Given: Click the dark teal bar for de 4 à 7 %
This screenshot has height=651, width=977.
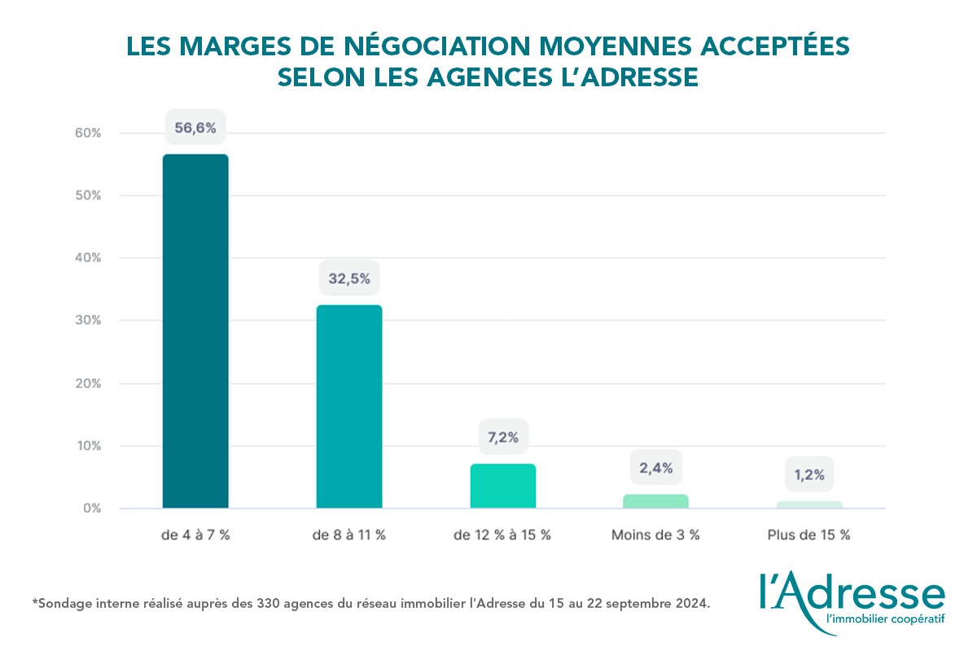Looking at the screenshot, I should click(195, 331).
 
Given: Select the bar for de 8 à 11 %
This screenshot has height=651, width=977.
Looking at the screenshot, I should click(349, 407).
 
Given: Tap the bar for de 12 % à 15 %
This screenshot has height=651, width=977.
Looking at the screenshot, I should click(503, 486).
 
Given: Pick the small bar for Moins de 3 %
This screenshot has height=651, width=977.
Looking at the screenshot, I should click(655, 501).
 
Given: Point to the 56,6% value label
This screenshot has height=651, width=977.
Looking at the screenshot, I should click(195, 127).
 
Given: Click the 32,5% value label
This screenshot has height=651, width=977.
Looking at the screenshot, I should click(349, 278).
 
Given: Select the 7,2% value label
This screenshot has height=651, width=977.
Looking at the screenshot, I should click(503, 437).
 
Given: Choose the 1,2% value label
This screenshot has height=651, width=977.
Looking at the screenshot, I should click(809, 474).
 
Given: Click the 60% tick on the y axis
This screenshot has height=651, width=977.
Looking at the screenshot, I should click(87, 133).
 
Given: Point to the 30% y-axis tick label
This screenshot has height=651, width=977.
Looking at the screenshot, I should click(87, 321).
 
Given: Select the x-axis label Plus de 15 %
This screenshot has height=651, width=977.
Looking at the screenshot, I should click(808, 535).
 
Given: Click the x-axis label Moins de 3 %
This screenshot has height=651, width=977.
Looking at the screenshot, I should click(655, 535).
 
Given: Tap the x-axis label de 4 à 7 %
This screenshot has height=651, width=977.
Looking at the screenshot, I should click(195, 535).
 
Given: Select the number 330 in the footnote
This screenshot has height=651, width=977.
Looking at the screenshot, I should click(270, 604).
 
